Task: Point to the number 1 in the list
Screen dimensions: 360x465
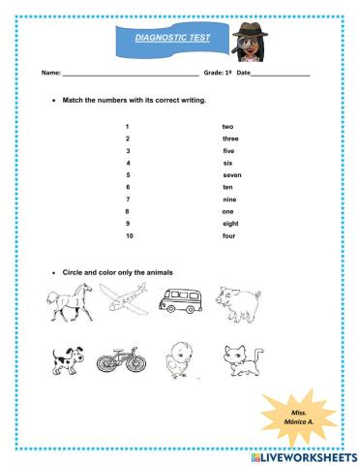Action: point(127,127)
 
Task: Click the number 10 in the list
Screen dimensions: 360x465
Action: point(129,235)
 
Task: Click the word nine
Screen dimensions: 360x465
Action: point(228,200)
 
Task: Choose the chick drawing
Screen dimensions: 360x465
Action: point(180,360)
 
